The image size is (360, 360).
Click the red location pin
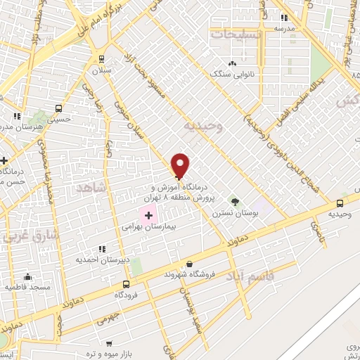181,165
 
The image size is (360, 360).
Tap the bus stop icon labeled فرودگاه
126,285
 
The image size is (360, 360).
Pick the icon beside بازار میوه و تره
108,344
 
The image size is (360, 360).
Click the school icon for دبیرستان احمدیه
103,249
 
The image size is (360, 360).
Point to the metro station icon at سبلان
103,59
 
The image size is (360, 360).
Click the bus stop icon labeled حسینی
58,109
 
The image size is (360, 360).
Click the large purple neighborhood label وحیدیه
202,126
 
